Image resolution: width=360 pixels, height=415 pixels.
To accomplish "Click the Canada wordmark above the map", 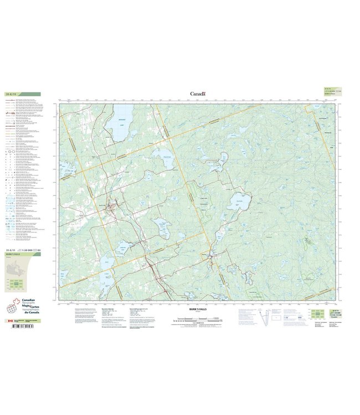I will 198,94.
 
